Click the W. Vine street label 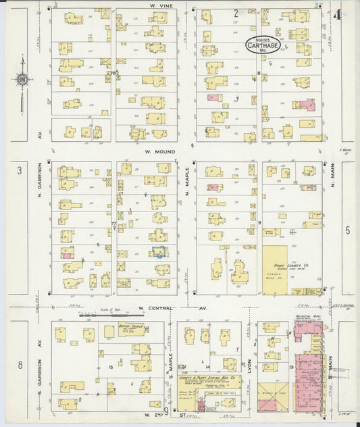point(158,4)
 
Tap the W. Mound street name point(157,152)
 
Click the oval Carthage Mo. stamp point(260,45)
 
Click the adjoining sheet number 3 point(20,170)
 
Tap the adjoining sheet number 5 point(348,230)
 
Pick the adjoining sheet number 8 point(20,365)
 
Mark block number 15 point(109,366)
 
